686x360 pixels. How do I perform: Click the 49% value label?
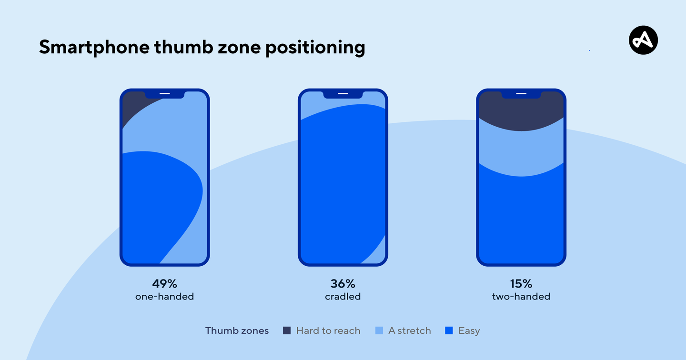point(164,284)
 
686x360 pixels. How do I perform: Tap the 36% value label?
point(343,284)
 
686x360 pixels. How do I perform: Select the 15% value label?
point(521,284)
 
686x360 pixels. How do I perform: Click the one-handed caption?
point(164,297)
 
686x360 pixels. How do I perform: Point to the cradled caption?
point(343,297)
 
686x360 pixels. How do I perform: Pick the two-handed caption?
point(521,297)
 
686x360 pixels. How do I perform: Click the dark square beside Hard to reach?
point(287,330)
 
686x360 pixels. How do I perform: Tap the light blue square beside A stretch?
point(379,330)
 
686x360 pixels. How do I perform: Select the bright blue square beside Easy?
point(449,330)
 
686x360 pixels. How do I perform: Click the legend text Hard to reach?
point(328,330)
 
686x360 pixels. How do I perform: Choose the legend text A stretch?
point(409,330)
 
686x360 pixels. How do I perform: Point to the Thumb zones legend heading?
point(237,330)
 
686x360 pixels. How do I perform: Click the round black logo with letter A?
point(643,40)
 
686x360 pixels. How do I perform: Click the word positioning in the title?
point(315,48)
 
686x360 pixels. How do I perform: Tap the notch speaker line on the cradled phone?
point(343,93)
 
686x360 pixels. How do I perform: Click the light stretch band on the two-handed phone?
point(521,150)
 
